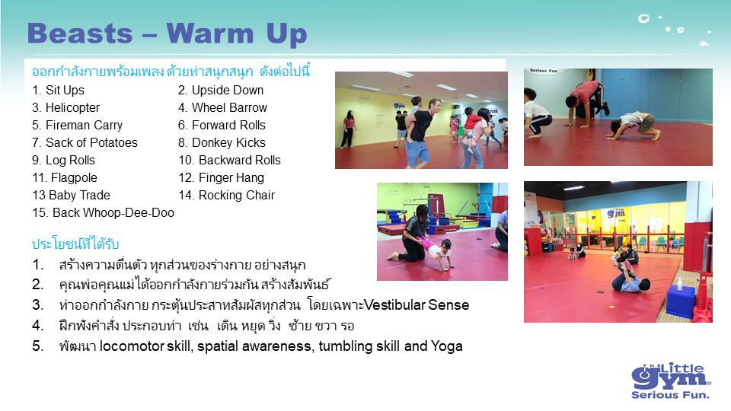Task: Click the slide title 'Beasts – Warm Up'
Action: pyautogui.click(x=167, y=33)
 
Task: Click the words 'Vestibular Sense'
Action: pyautogui.click(x=417, y=304)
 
